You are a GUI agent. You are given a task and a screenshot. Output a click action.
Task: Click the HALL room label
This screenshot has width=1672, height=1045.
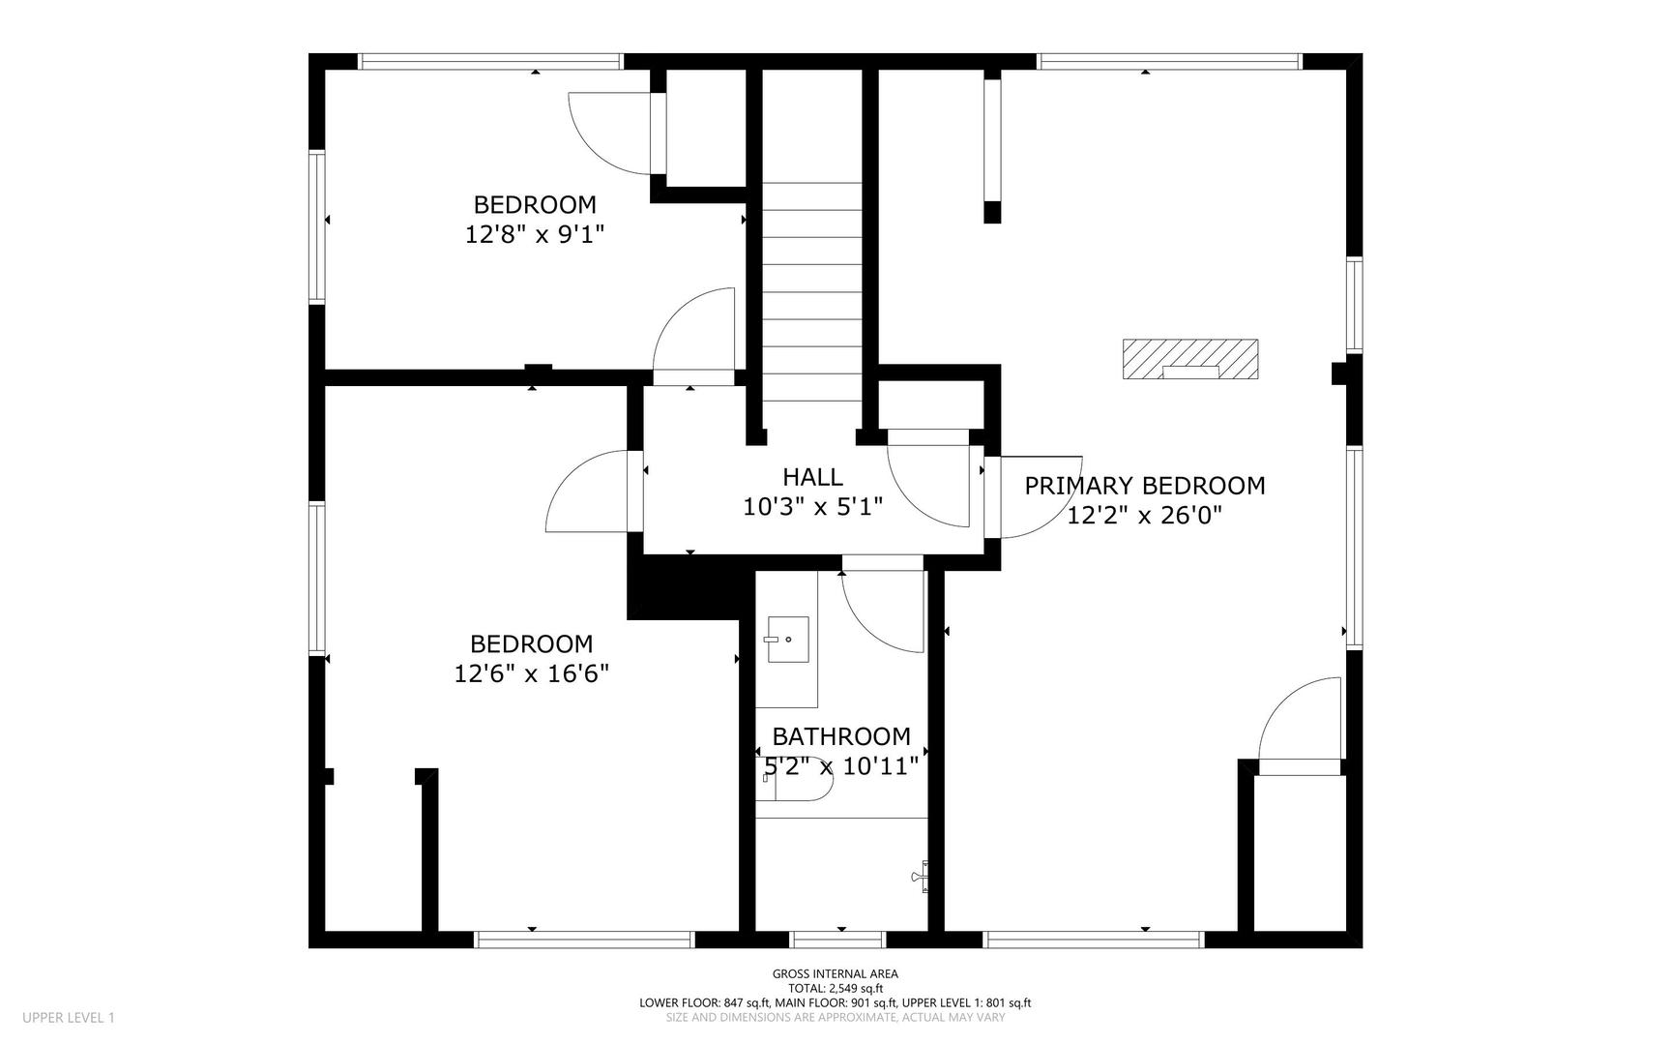tap(812, 476)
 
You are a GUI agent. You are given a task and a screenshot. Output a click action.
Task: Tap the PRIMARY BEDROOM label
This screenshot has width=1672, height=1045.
tap(1145, 486)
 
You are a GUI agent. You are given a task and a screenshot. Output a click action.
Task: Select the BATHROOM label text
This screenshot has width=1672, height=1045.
tap(841, 737)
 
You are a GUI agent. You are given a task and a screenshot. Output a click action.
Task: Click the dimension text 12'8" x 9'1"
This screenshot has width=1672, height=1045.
tap(535, 234)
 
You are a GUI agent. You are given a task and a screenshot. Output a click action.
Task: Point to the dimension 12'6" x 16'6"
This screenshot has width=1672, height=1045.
tap(532, 673)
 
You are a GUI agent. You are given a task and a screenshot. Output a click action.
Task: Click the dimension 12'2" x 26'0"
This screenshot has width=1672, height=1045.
tap(1145, 516)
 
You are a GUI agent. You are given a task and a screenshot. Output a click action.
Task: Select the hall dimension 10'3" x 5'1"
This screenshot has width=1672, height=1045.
tap(813, 506)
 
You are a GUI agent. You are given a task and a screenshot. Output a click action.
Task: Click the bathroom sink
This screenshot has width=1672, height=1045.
tap(788, 640)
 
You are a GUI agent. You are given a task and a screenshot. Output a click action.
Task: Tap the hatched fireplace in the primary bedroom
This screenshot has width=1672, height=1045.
tap(1190, 359)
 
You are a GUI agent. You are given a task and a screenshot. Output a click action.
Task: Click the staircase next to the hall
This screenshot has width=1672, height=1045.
tap(811, 290)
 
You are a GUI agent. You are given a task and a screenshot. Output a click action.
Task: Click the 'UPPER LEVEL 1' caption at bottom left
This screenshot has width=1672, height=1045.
tap(69, 1018)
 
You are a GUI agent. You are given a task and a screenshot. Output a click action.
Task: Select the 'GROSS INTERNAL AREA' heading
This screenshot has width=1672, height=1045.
tap(836, 974)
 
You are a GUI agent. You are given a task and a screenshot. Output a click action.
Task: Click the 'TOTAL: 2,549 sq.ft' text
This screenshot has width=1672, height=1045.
tap(836, 989)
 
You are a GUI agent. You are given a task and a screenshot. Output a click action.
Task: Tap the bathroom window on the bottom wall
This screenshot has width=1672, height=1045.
tap(837, 940)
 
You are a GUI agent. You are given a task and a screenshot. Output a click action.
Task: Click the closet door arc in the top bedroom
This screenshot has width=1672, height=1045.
tap(610, 134)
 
